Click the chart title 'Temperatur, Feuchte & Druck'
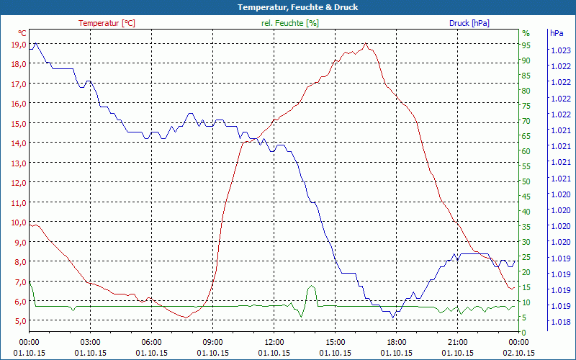coord(287,7)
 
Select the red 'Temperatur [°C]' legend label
coord(107,23)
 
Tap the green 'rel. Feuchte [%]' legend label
coord(290,23)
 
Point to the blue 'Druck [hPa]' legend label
coord(469,23)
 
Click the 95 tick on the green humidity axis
coord(526,45)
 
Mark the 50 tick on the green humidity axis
coord(526,181)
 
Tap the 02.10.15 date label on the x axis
coord(518,353)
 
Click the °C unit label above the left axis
coord(22,33)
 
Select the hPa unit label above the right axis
coord(557,33)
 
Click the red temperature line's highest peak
coord(366,44)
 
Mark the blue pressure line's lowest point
coord(392,317)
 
